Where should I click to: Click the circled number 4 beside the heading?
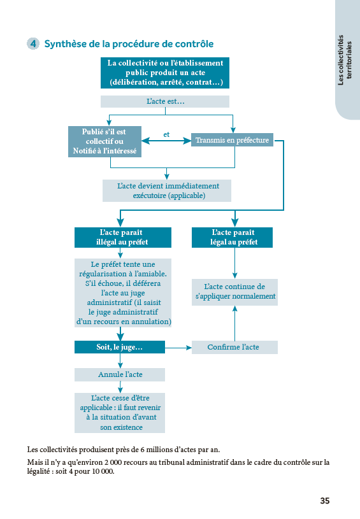point(33,44)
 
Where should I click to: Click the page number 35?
point(324,501)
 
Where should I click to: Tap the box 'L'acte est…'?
point(165,102)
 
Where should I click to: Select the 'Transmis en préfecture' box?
point(232,140)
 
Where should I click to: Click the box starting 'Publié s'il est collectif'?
point(104,141)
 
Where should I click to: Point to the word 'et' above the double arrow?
point(166,134)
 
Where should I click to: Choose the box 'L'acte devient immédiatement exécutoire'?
point(167,190)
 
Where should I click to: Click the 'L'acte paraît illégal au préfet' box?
point(123,238)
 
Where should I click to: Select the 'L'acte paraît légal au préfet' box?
point(232,238)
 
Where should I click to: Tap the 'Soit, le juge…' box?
point(120,347)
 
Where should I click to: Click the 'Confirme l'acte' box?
point(234,347)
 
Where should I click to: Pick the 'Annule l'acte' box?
point(120,374)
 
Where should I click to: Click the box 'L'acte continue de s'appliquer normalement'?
point(234,292)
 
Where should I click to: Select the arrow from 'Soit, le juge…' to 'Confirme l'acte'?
point(178,348)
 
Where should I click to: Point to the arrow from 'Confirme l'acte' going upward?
point(235,323)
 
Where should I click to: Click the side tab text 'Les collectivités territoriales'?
point(345,60)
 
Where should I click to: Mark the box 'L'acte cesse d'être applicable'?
point(120,413)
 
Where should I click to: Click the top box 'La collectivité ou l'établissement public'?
point(165,73)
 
